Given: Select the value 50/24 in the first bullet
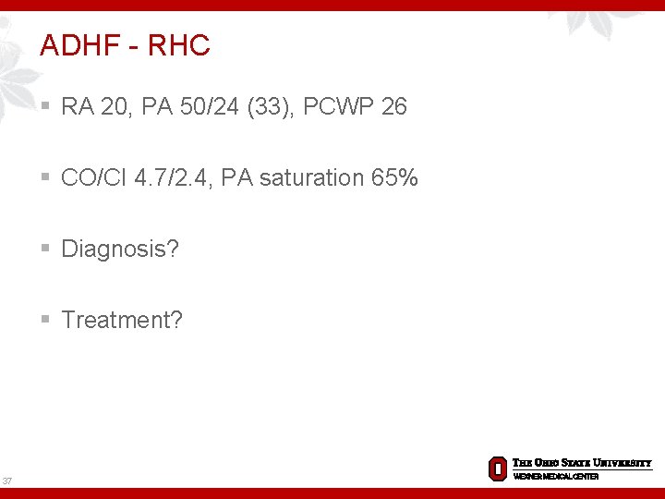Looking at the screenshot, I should [x=196, y=107].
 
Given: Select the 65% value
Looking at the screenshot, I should [x=394, y=177].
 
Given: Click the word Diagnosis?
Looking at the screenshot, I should [x=120, y=249].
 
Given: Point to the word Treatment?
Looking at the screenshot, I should [x=122, y=320].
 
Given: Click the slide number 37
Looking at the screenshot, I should [x=7, y=481].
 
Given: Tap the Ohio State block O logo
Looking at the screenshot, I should [x=497, y=469].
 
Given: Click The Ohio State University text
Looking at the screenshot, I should [x=582, y=463].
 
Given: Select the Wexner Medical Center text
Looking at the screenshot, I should [x=556, y=476].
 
